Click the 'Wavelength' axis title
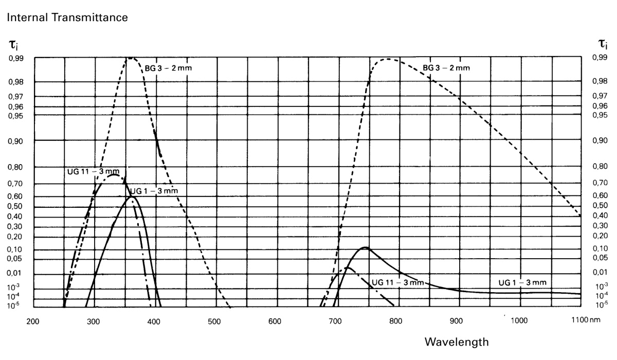pos(453,341)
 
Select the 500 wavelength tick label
pos(214,321)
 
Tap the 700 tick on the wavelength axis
pos(335,321)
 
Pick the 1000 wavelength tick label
pos(519,321)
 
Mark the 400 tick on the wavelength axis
pos(154,321)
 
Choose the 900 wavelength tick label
pos(457,321)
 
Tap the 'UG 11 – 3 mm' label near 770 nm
pos(397,282)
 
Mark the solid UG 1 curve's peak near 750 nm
pos(365,247)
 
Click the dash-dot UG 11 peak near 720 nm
pos(348,267)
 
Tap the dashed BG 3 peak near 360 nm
pos(131,58)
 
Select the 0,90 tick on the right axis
pos(599,140)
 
